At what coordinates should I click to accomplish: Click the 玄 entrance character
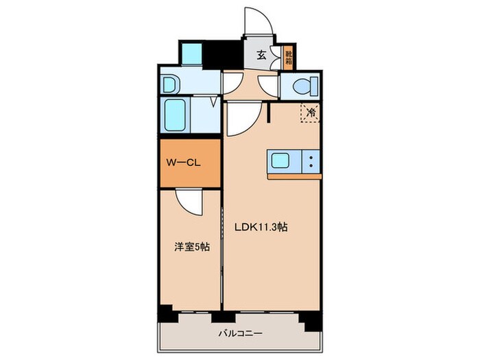coord(262,56)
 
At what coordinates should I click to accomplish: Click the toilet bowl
coord(302,86)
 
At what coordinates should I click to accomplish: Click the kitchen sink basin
coord(282,162)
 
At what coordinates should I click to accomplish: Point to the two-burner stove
coord(310,162)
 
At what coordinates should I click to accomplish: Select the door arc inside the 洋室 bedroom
coord(188,201)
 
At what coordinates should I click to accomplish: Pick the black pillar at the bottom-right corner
coord(312,300)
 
